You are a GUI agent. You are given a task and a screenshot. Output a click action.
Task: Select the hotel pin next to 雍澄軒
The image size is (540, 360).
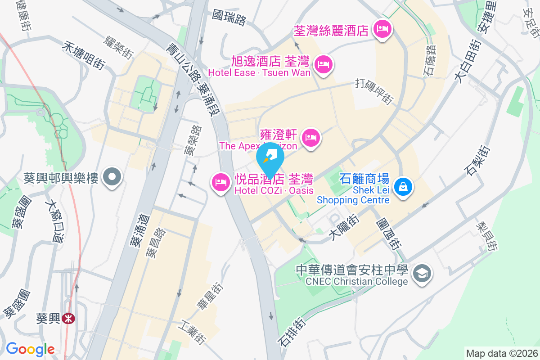[x=311, y=137]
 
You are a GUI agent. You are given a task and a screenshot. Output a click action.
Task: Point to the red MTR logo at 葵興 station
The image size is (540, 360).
[x=69, y=319]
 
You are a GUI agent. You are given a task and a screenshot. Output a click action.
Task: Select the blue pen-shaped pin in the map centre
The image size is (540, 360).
[x=270, y=158]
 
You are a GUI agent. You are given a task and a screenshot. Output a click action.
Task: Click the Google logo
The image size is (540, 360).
[x=30, y=349]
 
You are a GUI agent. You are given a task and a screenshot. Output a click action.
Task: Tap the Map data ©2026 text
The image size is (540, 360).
[x=501, y=353]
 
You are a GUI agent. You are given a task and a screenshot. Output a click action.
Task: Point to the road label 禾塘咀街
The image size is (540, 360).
[x=84, y=55]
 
